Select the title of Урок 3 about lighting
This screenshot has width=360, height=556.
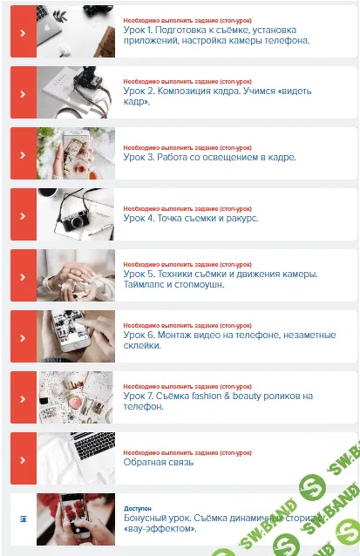tap(209, 158)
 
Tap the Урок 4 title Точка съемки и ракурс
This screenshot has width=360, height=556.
tap(191, 219)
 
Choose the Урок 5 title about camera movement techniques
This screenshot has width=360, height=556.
tap(220, 279)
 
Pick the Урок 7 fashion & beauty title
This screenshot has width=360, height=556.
tap(217, 401)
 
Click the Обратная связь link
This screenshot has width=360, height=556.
tap(159, 462)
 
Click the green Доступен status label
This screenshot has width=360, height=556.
tap(139, 508)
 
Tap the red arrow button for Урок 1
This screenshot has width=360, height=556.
tap(23, 31)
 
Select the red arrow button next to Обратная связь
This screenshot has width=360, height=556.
tap(23, 458)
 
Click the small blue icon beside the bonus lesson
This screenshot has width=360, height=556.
tap(23, 519)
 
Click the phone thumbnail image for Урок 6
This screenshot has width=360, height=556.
tap(75, 336)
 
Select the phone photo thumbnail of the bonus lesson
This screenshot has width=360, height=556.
tap(75, 519)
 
